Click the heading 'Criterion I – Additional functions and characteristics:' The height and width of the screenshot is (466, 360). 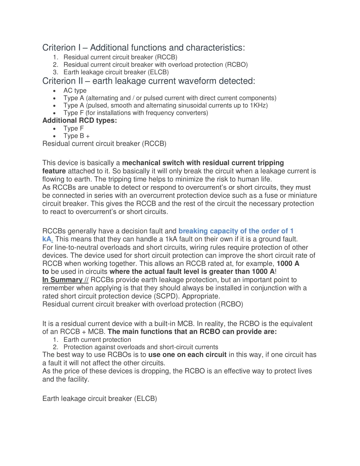pos(143,48)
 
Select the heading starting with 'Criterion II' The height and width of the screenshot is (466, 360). pos(148,81)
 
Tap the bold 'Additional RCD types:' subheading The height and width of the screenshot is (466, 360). pos(79,121)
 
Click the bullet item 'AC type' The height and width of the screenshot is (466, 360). pos(75,91)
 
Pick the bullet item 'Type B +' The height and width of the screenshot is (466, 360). pos(76,136)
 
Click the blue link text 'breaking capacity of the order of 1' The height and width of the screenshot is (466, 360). pos(236,231)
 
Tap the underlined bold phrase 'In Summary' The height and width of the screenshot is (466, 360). pos(62,280)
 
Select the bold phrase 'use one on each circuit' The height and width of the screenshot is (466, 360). pos(187,355)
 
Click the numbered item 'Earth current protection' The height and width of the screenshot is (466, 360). pos(97,340)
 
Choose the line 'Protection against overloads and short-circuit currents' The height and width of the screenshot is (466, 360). pos(141,347)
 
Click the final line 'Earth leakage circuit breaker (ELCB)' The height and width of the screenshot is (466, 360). pos(99,398)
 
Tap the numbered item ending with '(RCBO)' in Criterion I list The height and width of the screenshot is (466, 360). pos(155,65)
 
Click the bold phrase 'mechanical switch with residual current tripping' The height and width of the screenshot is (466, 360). pos(203,163)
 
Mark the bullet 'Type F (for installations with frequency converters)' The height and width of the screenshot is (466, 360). pos(136,113)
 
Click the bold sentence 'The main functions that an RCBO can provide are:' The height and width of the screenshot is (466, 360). pos(192,332)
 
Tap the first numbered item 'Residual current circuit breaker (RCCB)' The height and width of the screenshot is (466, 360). pos(120,57)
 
